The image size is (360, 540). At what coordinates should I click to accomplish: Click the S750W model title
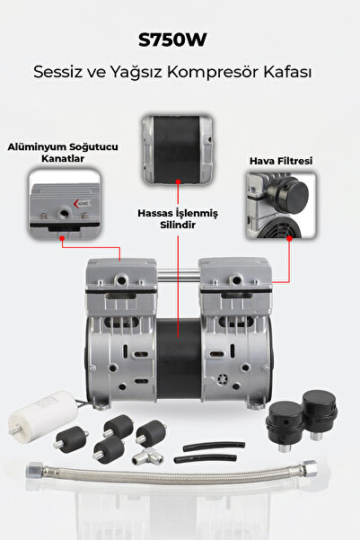click(172, 40)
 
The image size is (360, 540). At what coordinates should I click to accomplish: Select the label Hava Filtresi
click(281, 161)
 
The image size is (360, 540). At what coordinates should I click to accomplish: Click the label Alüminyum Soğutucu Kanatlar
click(63, 153)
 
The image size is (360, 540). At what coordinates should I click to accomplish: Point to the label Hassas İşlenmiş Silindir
click(178, 219)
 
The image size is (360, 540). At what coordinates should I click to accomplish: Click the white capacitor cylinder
click(44, 415)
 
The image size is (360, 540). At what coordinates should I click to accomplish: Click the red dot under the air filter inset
click(289, 238)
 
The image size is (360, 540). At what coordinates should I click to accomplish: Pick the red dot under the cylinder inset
click(178, 181)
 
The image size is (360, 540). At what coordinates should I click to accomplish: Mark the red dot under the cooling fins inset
click(62, 238)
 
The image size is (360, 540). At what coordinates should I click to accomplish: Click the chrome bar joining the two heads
click(178, 275)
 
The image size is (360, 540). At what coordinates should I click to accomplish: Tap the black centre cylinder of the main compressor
click(179, 359)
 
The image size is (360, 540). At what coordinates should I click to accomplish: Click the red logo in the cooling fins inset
click(83, 204)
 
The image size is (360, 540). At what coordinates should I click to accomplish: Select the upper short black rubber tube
click(214, 446)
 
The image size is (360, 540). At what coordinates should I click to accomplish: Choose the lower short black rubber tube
click(206, 459)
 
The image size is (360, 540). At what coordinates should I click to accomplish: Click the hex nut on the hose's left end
click(35, 469)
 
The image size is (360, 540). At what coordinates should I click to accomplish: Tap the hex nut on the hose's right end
click(310, 468)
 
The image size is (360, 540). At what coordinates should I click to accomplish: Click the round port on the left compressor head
click(120, 280)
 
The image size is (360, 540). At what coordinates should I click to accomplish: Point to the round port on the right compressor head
click(236, 279)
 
